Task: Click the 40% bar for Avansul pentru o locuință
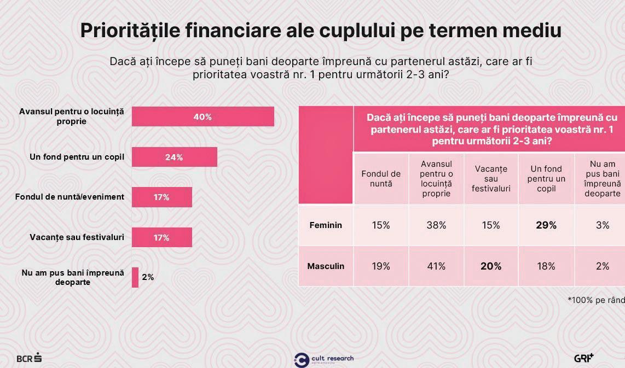202,116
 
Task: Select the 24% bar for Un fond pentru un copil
174,157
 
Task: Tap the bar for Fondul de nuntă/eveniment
161,197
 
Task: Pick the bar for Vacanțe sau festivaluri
161,237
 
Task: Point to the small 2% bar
135,277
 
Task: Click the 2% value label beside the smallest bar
148,277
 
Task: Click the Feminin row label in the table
326,225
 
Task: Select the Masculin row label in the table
326,266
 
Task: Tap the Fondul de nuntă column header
381,179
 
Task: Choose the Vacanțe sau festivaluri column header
491,179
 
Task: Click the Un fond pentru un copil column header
546,179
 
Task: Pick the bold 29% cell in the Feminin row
546,225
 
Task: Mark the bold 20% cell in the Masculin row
491,266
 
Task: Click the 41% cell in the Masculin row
436,266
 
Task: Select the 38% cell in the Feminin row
436,225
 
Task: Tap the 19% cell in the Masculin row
381,266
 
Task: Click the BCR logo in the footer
29,358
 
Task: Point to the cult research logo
324,359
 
